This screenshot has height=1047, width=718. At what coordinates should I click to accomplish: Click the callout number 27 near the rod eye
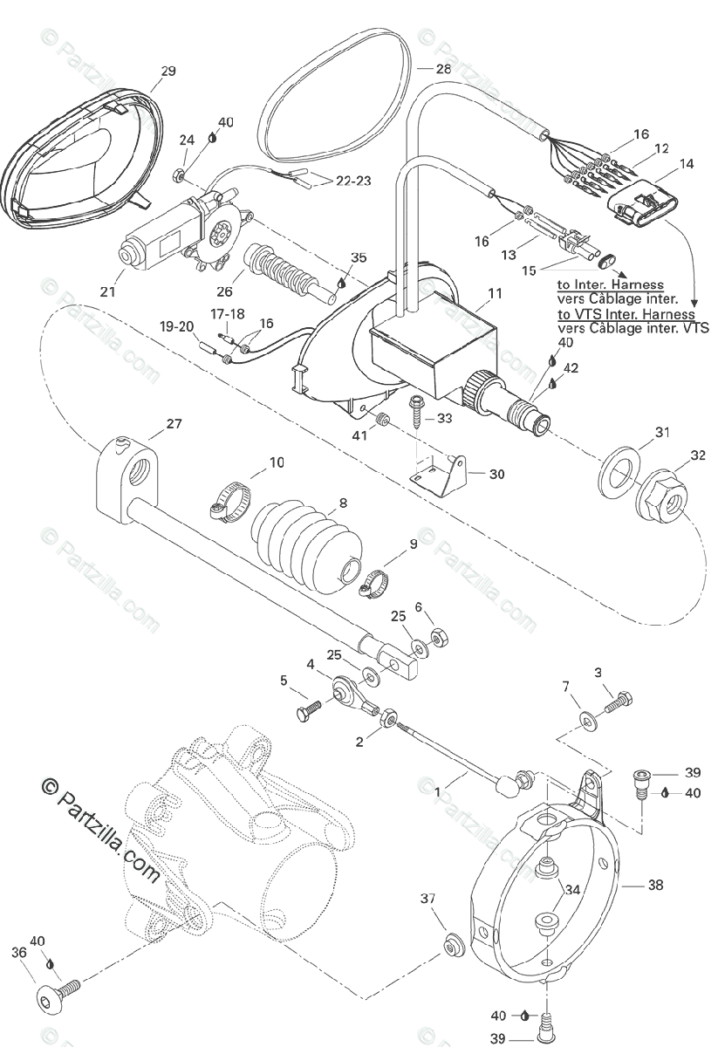click(174, 424)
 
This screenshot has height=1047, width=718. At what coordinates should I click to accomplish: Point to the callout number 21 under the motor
click(107, 291)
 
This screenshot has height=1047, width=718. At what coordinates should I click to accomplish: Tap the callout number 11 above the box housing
click(495, 294)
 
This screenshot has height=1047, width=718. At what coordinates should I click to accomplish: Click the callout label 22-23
click(352, 181)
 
